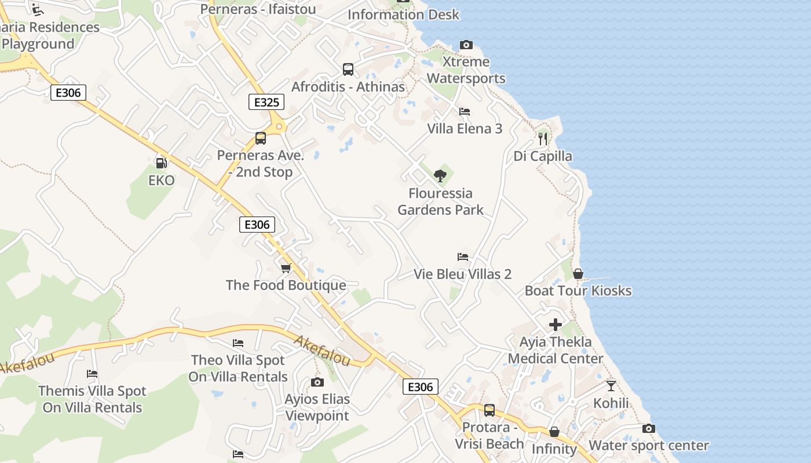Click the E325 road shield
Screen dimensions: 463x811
pyautogui.click(x=266, y=102)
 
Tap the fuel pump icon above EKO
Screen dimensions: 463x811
pyautogui.click(x=161, y=163)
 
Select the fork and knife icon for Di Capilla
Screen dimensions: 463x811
pyautogui.click(x=543, y=138)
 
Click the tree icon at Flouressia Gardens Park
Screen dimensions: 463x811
pyautogui.click(x=440, y=175)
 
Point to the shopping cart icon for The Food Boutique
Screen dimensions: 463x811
pyautogui.click(x=286, y=268)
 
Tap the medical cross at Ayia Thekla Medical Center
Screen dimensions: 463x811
pyautogui.click(x=556, y=325)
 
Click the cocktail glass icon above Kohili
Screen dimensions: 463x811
pyautogui.click(x=611, y=385)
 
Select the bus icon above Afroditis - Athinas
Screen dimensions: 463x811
pyautogui.click(x=348, y=69)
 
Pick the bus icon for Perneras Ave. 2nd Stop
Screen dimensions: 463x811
pyautogui.click(x=260, y=138)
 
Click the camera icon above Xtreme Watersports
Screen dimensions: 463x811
pyautogui.click(x=466, y=45)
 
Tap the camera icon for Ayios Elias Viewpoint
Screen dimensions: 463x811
pyautogui.click(x=317, y=382)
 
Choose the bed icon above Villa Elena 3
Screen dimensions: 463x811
pyautogui.click(x=464, y=111)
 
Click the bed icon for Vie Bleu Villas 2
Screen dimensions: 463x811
pyautogui.click(x=462, y=256)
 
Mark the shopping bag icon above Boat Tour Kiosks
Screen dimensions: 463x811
pyautogui.click(x=578, y=274)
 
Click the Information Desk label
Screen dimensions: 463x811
pyautogui.click(x=403, y=14)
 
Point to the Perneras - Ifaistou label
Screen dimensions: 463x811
pyautogui.click(x=258, y=9)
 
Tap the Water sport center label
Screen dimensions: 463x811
pyautogui.click(x=649, y=446)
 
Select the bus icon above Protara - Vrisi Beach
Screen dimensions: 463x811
pyautogui.click(x=489, y=410)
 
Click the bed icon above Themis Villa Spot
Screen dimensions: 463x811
pyautogui.click(x=92, y=374)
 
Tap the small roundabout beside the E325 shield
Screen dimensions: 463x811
pyautogui.click(x=279, y=126)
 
